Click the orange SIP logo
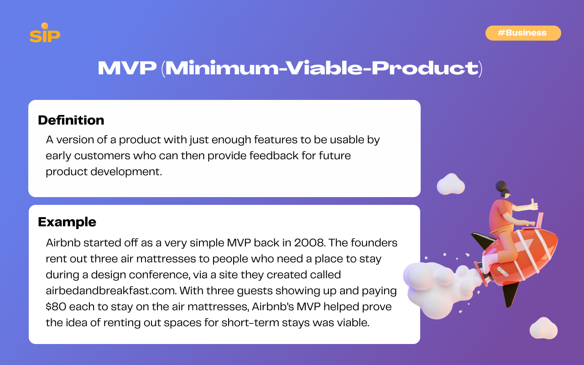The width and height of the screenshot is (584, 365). pyautogui.click(x=45, y=33)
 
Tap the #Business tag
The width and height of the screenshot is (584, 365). pyautogui.click(x=523, y=33)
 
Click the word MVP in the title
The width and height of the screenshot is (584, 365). pyautogui.click(x=127, y=68)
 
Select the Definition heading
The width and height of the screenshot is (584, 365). pyautogui.click(x=71, y=120)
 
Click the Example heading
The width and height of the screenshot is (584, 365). pyautogui.click(x=67, y=222)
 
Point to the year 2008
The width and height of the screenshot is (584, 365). pyautogui.click(x=310, y=243)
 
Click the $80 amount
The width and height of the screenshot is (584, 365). pyautogui.click(x=56, y=307)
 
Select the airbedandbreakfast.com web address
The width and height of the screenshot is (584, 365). pyautogui.click(x=111, y=291)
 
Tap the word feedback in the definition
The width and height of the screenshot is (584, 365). pyautogui.click(x=274, y=156)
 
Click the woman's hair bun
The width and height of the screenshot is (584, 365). pyautogui.click(x=501, y=186)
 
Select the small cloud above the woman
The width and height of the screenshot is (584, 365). pyautogui.click(x=451, y=184)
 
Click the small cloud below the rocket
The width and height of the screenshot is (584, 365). pyautogui.click(x=543, y=328)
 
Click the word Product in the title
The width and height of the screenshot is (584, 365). pyautogui.click(x=425, y=68)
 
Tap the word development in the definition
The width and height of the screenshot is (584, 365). pyautogui.click(x=126, y=172)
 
